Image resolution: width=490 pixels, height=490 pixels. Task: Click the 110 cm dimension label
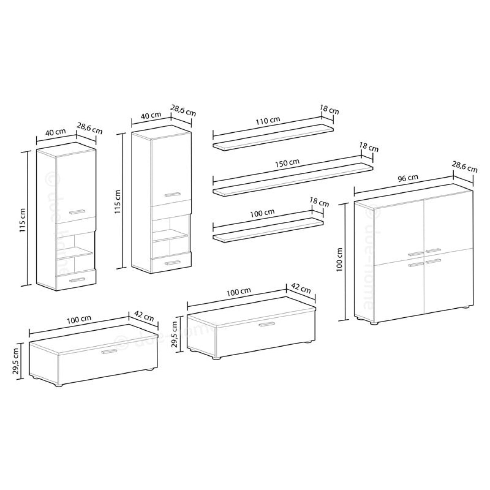coord(267,120)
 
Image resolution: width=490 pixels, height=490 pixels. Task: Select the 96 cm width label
coord(408,178)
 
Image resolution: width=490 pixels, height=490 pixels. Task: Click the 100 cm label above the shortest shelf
coord(262,213)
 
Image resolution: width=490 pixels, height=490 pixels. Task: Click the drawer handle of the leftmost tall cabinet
coord(77,280)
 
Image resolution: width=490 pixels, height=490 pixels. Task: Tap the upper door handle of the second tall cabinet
coord(172,194)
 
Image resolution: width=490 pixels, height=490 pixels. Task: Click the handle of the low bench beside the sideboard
coord(267,324)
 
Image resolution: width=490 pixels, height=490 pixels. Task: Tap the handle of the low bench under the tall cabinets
coord(109,351)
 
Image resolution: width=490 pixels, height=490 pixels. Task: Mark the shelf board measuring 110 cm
coord(273,137)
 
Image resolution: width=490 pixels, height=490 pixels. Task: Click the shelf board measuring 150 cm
coord(293,180)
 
